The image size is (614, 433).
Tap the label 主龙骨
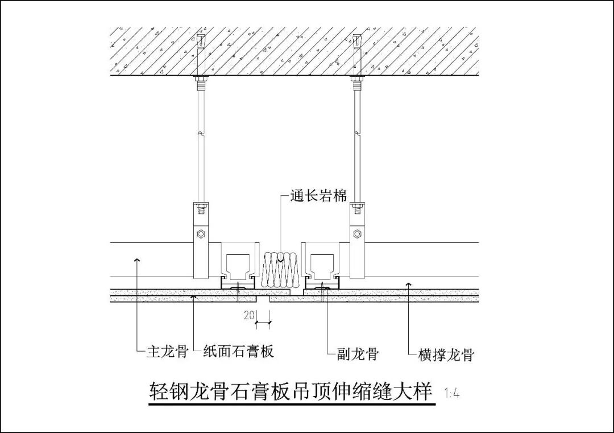167,351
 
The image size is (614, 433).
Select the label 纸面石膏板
239,351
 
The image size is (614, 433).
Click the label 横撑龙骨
446,355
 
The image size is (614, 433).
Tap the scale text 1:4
452,393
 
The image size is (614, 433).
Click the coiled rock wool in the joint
280,269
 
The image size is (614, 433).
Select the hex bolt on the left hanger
200,233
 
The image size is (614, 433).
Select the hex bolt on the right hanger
356,233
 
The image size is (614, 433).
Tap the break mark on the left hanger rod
200,134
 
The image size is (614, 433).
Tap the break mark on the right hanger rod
356,134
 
